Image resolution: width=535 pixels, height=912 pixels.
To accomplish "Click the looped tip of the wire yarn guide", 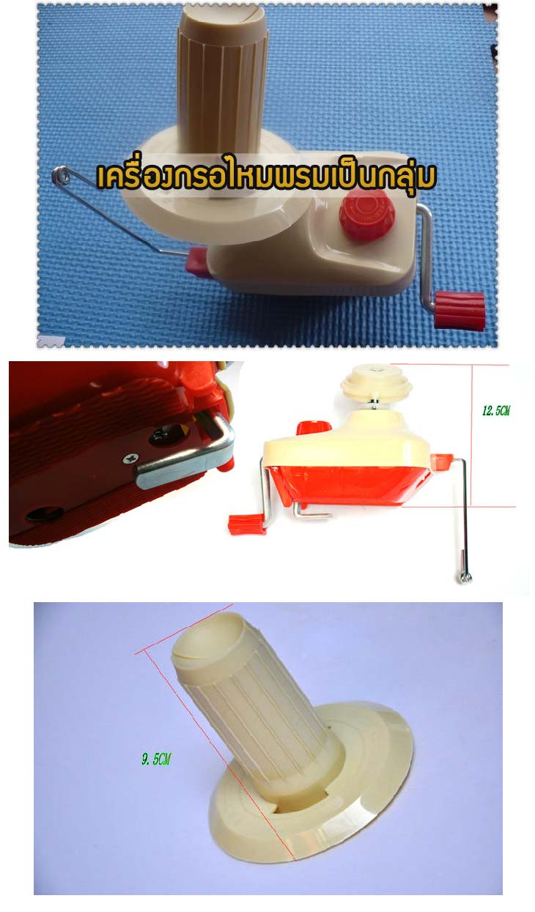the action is pos(60,175).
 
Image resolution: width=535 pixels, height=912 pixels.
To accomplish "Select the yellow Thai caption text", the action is pos(267,177).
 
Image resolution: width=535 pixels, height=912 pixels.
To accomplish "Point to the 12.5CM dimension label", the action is pos(496,410).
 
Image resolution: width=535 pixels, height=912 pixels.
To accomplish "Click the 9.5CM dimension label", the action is pos(156,759).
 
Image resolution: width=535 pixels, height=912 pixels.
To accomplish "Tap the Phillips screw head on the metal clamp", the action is pos(130,459).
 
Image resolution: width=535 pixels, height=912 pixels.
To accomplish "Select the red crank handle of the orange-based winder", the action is pos(247,524).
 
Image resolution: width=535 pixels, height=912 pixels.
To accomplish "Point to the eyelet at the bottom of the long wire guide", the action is pos(465,577).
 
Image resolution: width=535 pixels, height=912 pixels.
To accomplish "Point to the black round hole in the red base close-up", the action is pos(45,514).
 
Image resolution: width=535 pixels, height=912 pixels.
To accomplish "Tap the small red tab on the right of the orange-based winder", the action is pos(441,461).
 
